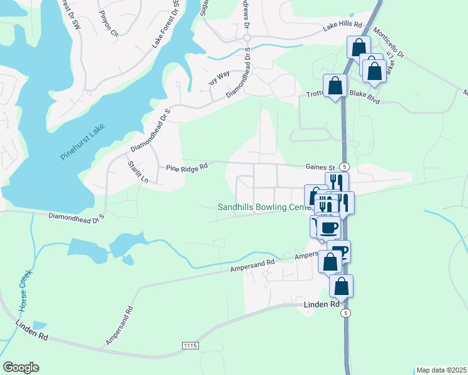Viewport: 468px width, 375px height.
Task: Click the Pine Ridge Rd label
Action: (186, 167)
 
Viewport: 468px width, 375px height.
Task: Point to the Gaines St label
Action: (321, 167)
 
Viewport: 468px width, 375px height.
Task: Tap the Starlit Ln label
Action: (137, 171)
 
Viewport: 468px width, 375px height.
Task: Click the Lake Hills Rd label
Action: (342, 25)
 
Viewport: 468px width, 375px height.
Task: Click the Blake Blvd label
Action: (365, 93)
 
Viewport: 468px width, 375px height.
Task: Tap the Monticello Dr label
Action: (388, 42)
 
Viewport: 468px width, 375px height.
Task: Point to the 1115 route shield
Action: (190, 346)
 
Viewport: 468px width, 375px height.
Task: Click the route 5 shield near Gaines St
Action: (344, 166)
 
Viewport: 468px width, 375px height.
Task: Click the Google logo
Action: (21, 367)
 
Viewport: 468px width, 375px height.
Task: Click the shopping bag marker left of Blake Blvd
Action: (335, 86)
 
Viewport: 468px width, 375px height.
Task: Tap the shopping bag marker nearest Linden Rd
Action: (341, 286)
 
